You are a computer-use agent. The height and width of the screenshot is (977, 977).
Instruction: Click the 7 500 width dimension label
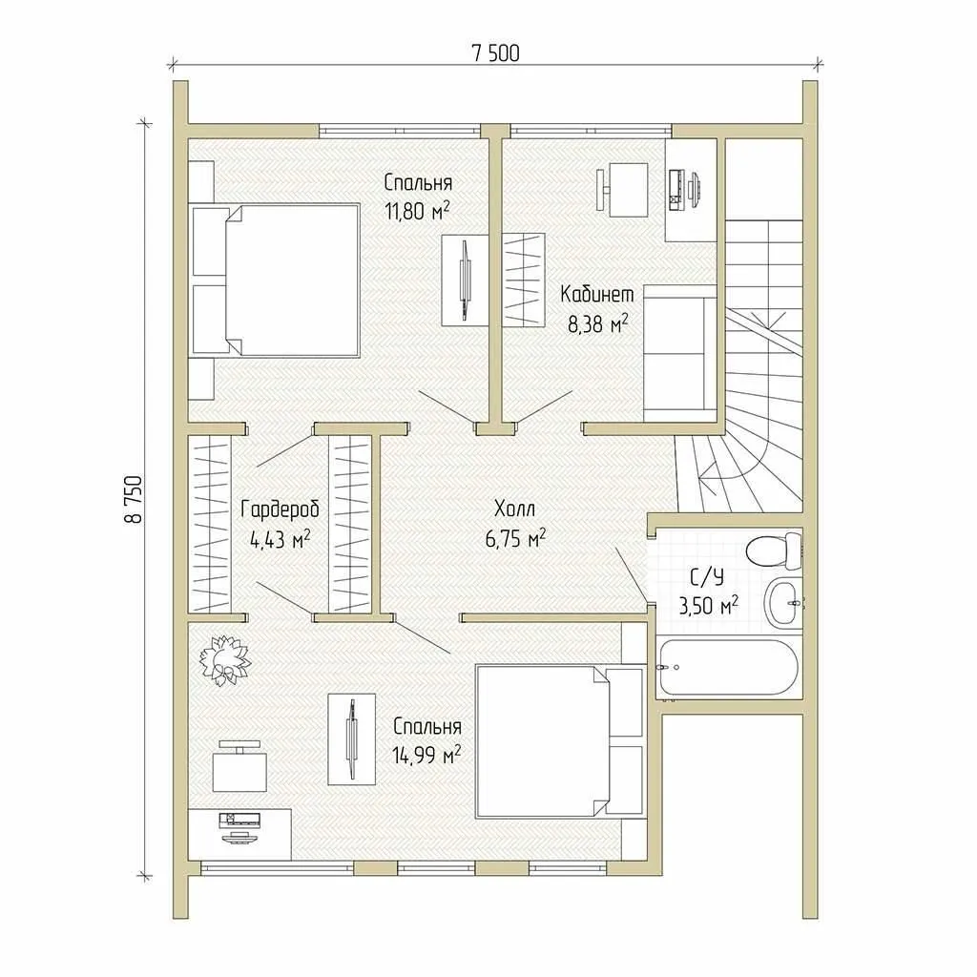point(496,53)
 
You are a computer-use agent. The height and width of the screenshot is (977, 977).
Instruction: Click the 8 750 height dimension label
point(135,500)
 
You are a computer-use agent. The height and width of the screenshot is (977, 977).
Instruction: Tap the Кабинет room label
point(597,294)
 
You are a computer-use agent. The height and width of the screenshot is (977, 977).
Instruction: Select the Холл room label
point(514,509)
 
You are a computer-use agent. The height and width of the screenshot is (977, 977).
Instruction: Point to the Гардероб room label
point(280,509)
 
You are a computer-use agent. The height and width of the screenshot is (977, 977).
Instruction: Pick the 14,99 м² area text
point(426,756)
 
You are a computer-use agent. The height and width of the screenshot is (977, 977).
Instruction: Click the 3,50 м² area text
point(709,605)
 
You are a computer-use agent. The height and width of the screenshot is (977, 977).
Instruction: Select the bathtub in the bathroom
point(726,667)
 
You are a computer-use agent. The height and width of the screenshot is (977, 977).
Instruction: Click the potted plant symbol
point(223,660)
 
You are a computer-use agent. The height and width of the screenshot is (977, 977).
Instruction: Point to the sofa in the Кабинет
point(679,353)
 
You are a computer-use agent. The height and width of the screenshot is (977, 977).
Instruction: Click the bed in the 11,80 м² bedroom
point(274,281)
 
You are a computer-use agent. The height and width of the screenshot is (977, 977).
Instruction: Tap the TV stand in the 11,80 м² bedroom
point(465,281)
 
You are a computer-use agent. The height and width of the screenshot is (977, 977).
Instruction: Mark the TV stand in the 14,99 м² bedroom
point(352,739)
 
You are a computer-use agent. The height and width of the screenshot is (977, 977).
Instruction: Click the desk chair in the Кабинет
point(621,190)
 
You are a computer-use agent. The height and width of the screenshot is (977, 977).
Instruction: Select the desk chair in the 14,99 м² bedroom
point(239,766)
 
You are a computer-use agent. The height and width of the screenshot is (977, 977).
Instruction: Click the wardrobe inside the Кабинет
point(524,280)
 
